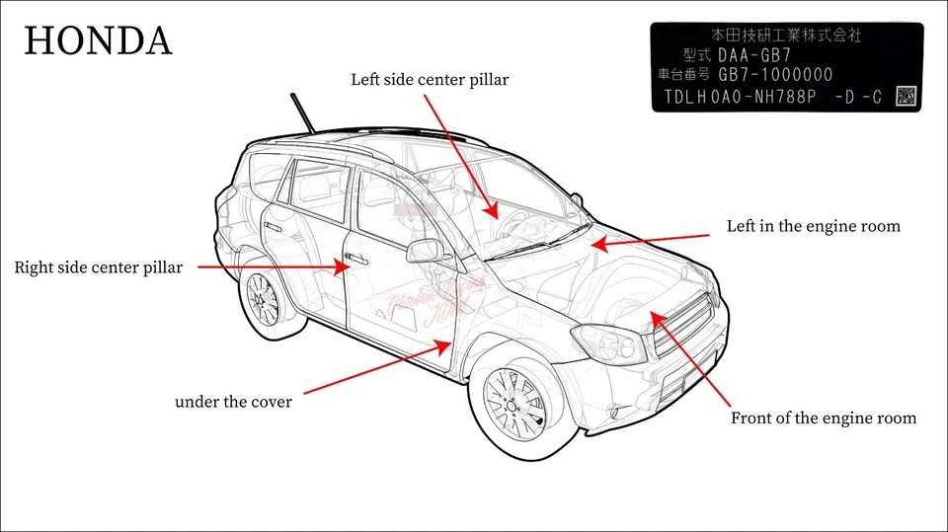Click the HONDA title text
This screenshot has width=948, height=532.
98,41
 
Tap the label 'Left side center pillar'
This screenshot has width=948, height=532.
430,79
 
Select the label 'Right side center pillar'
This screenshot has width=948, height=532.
98,267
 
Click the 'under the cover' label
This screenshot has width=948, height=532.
233,402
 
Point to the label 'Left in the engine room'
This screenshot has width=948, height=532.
813,226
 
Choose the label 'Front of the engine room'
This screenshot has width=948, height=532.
823,418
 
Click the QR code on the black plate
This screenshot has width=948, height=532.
906,96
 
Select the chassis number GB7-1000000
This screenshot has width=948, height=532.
775,75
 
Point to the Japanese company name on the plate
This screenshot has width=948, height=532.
786,35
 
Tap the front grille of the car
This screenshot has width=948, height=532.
681,326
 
